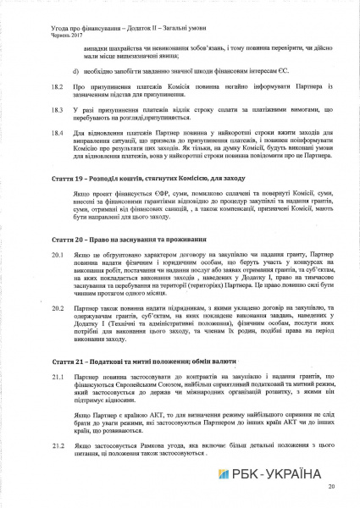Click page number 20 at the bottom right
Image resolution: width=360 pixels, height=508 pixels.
click(331, 487)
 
